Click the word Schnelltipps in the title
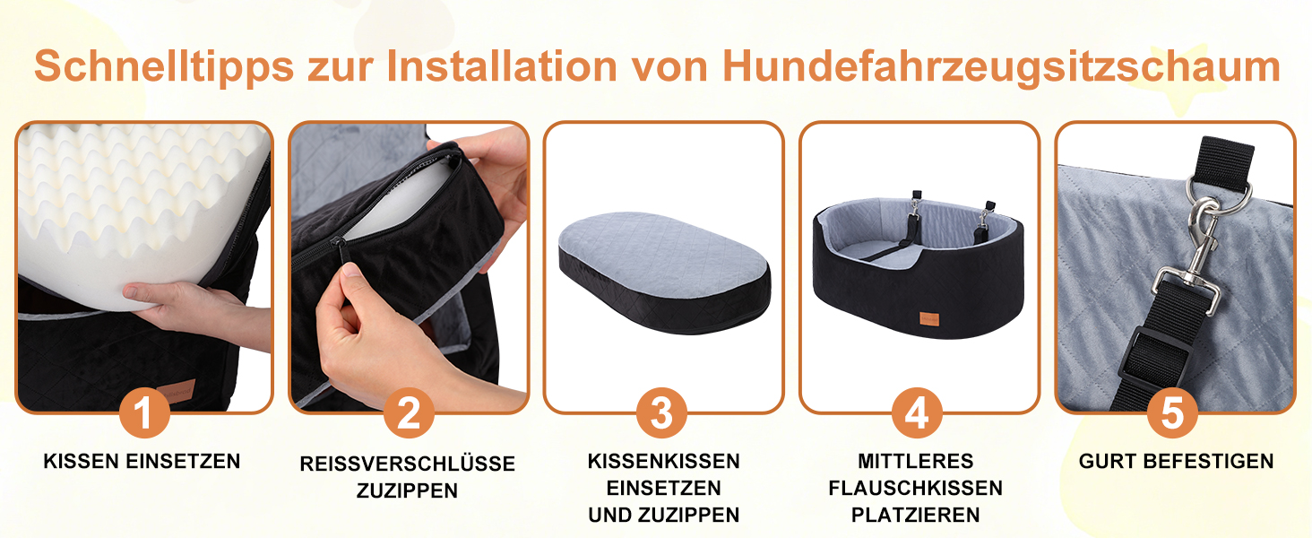[164, 67]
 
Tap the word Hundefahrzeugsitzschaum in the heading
[1002, 67]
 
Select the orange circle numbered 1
[144, 413]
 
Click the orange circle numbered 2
[409, 413]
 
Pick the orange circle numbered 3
[662, 413]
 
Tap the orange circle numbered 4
[917, 413]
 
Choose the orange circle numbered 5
[1172, 413]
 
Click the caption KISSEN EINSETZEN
[142, 461]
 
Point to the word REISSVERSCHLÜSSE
[407, 463]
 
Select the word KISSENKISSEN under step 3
[663, 461]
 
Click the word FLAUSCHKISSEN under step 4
[916, 488]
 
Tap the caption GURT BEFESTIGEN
[1176, 461]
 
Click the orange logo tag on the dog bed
[929, 319]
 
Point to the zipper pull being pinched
[339, 252]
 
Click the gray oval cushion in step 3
[664, 273]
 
